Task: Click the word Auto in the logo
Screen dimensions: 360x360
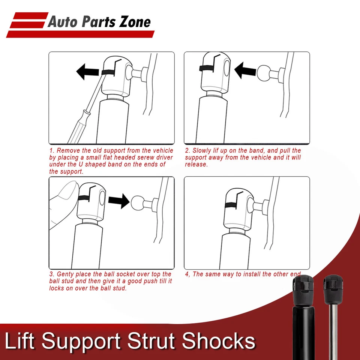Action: point(62,22)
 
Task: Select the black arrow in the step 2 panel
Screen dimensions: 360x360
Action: point(244,70)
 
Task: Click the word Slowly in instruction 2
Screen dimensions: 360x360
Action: point(202,150)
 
